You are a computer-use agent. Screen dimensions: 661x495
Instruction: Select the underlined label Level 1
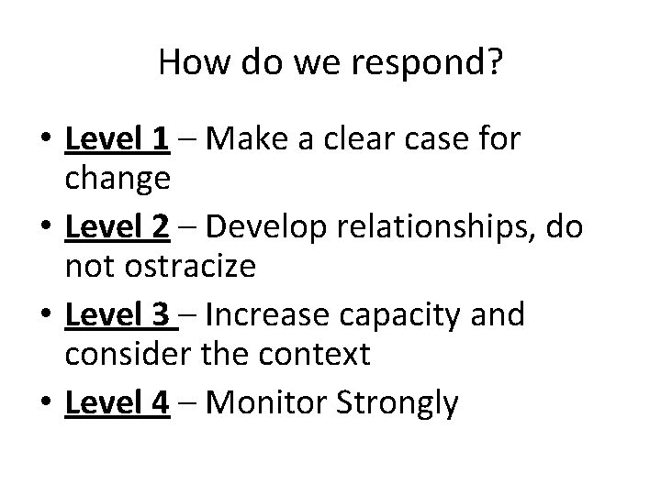pos(117,139)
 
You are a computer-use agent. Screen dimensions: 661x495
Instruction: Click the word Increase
pos(265,315)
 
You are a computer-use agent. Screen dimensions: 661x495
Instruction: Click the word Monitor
pos(267,403)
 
